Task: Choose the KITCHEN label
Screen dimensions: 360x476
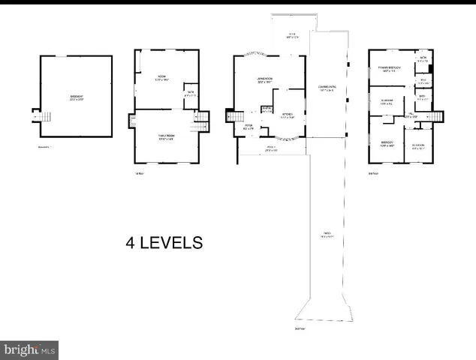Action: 288,115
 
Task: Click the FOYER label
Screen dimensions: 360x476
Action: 249,127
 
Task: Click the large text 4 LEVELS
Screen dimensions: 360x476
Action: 164,243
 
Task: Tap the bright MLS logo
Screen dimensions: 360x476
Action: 29,349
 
